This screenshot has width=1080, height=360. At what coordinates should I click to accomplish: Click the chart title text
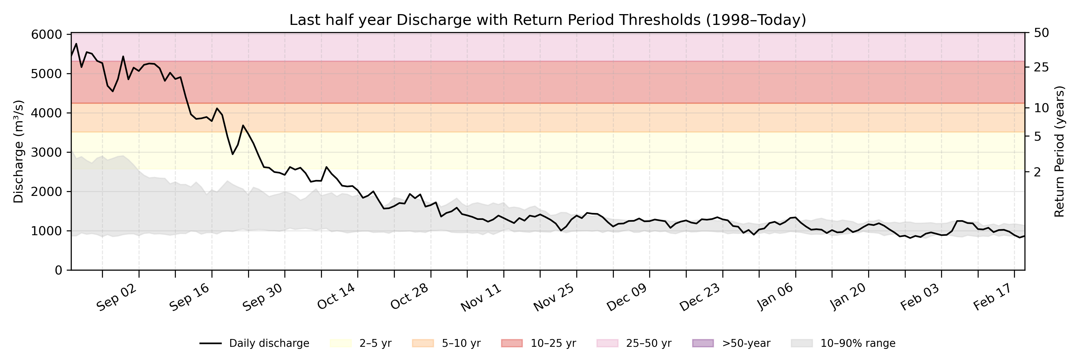point(547,20)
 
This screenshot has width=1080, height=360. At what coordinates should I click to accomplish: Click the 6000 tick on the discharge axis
point(46,34)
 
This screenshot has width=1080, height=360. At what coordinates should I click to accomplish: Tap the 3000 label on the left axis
point(46,152)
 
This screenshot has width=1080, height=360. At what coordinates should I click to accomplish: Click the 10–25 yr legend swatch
point(512,343)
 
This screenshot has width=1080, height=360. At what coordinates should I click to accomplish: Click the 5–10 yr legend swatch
point(423,343)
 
